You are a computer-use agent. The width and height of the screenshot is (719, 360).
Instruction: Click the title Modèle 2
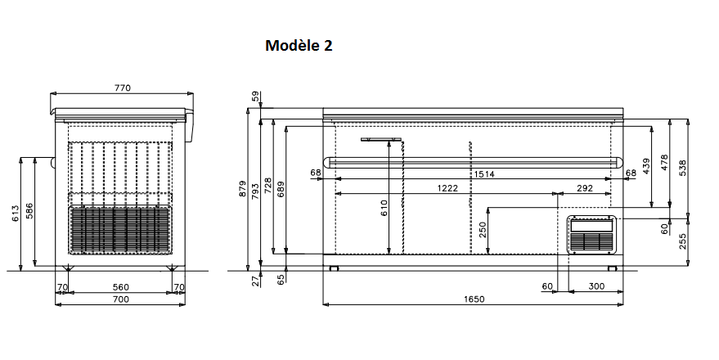[x=299, y=45]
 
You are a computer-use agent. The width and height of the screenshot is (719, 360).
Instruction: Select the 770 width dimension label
[x=123, y=88]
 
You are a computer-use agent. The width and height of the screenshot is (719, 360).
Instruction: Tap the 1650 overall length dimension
[x=474, y=299]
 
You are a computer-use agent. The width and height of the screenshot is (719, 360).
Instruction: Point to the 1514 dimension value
[x=483, y=174]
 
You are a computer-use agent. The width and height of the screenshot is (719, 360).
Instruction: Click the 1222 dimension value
[x=447, y=188]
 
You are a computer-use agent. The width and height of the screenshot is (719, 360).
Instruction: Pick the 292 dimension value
[x=585, y=188]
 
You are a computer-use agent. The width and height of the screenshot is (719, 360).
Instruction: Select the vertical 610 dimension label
[x=384, y=208]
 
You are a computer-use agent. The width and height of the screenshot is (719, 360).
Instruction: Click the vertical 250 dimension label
[x=483, y=230]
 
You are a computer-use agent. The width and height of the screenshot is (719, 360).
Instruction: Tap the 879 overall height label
[x=243, y=189]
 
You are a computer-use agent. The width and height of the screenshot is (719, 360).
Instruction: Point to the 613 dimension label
[x=16, y=214]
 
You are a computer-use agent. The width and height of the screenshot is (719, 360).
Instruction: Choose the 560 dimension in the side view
[x=120, y=287]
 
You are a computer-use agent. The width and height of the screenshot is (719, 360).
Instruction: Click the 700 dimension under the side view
[x=120, y=299]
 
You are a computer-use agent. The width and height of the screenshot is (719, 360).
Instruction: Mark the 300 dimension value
[x=596, y=286]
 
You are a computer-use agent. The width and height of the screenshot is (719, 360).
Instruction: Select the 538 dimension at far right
[x=683, y=169]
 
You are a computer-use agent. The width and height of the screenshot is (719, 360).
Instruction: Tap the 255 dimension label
[x=683, y=241]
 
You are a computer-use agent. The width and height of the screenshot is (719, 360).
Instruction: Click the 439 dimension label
[x=646, y=166]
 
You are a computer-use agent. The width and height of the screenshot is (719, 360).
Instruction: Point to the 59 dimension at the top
[x=255, y=97]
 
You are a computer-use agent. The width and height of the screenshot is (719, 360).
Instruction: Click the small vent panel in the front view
[x=592, y=235]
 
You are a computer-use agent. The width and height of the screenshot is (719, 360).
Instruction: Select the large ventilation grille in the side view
[x=120, y=229]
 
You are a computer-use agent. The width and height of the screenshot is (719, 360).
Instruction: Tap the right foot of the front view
[x=612, y=268]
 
